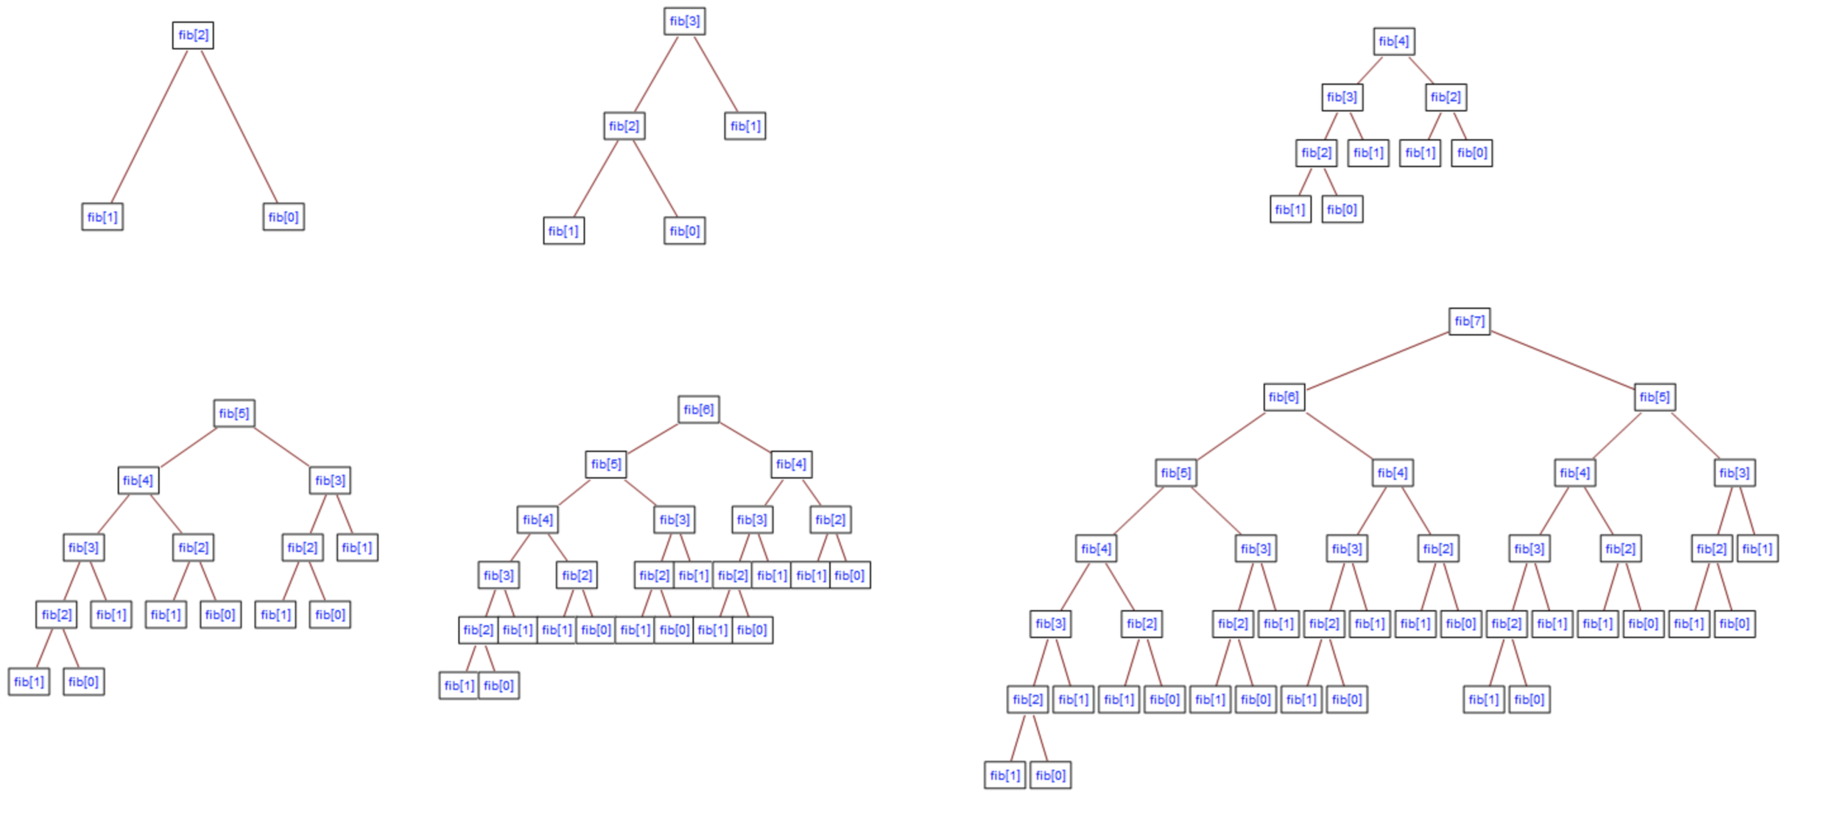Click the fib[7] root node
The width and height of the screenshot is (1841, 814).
click(x=1468, y=322)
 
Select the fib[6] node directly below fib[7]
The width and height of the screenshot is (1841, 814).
click(x=1284, y=397)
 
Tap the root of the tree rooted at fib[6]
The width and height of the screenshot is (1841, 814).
click(x=698, y=410)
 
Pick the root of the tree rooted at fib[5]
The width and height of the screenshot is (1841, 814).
click(x=234, y=414)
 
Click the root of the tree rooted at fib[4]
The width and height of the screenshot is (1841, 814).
click(x=1393, y=42)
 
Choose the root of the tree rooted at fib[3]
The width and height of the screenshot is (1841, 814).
click(x=684, y=21)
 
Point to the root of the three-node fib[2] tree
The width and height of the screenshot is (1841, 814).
click(x=193, y=35)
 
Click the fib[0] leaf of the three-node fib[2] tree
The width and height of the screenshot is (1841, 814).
click(x=284, y=217)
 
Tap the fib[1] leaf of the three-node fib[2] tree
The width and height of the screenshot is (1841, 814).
click(x=102, y=217)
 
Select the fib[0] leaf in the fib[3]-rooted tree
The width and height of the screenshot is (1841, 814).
click(x=684, y=231)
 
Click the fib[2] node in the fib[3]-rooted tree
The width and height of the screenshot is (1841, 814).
click(x=624, y=126)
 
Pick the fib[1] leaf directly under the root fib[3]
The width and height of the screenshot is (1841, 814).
click(x=745, y=126)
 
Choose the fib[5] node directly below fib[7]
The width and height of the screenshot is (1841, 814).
click(x=1654, y=397)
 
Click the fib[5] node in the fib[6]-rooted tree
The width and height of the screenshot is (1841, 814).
click(x=606, y=464)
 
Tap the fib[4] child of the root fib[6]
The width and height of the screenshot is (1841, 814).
click(x=791, y=464)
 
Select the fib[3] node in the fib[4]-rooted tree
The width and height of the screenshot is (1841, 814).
click(x=1342, y=97)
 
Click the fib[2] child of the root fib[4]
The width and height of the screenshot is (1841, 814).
click(x=1446, y=97)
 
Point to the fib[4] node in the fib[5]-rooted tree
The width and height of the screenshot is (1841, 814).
click(x=138, y=481)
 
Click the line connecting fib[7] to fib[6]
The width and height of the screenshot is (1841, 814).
click(x=1377, y=360)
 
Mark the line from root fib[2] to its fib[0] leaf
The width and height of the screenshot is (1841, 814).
click(x=239, y=127)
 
